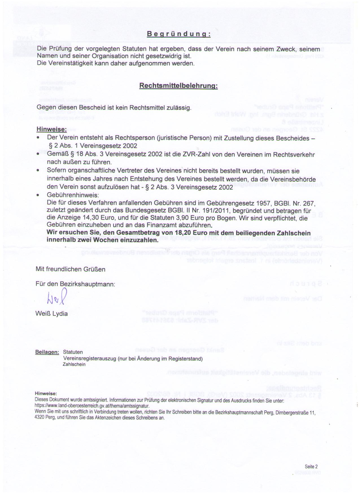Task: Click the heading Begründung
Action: click(178, 34)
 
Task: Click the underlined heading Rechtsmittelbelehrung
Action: click(178, 86)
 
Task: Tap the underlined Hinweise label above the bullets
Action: click(51, 129)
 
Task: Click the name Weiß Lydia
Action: click(52, 314)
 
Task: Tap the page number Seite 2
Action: click(311, 467)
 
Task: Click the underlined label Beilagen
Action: click(47, 352)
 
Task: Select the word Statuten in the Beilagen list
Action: click(73, 352)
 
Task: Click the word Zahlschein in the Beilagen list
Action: click(74, 364)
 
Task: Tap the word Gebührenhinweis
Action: click(73, 195)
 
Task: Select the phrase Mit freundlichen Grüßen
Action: click(70, 269)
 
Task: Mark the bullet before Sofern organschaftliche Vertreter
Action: click(38, 171)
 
